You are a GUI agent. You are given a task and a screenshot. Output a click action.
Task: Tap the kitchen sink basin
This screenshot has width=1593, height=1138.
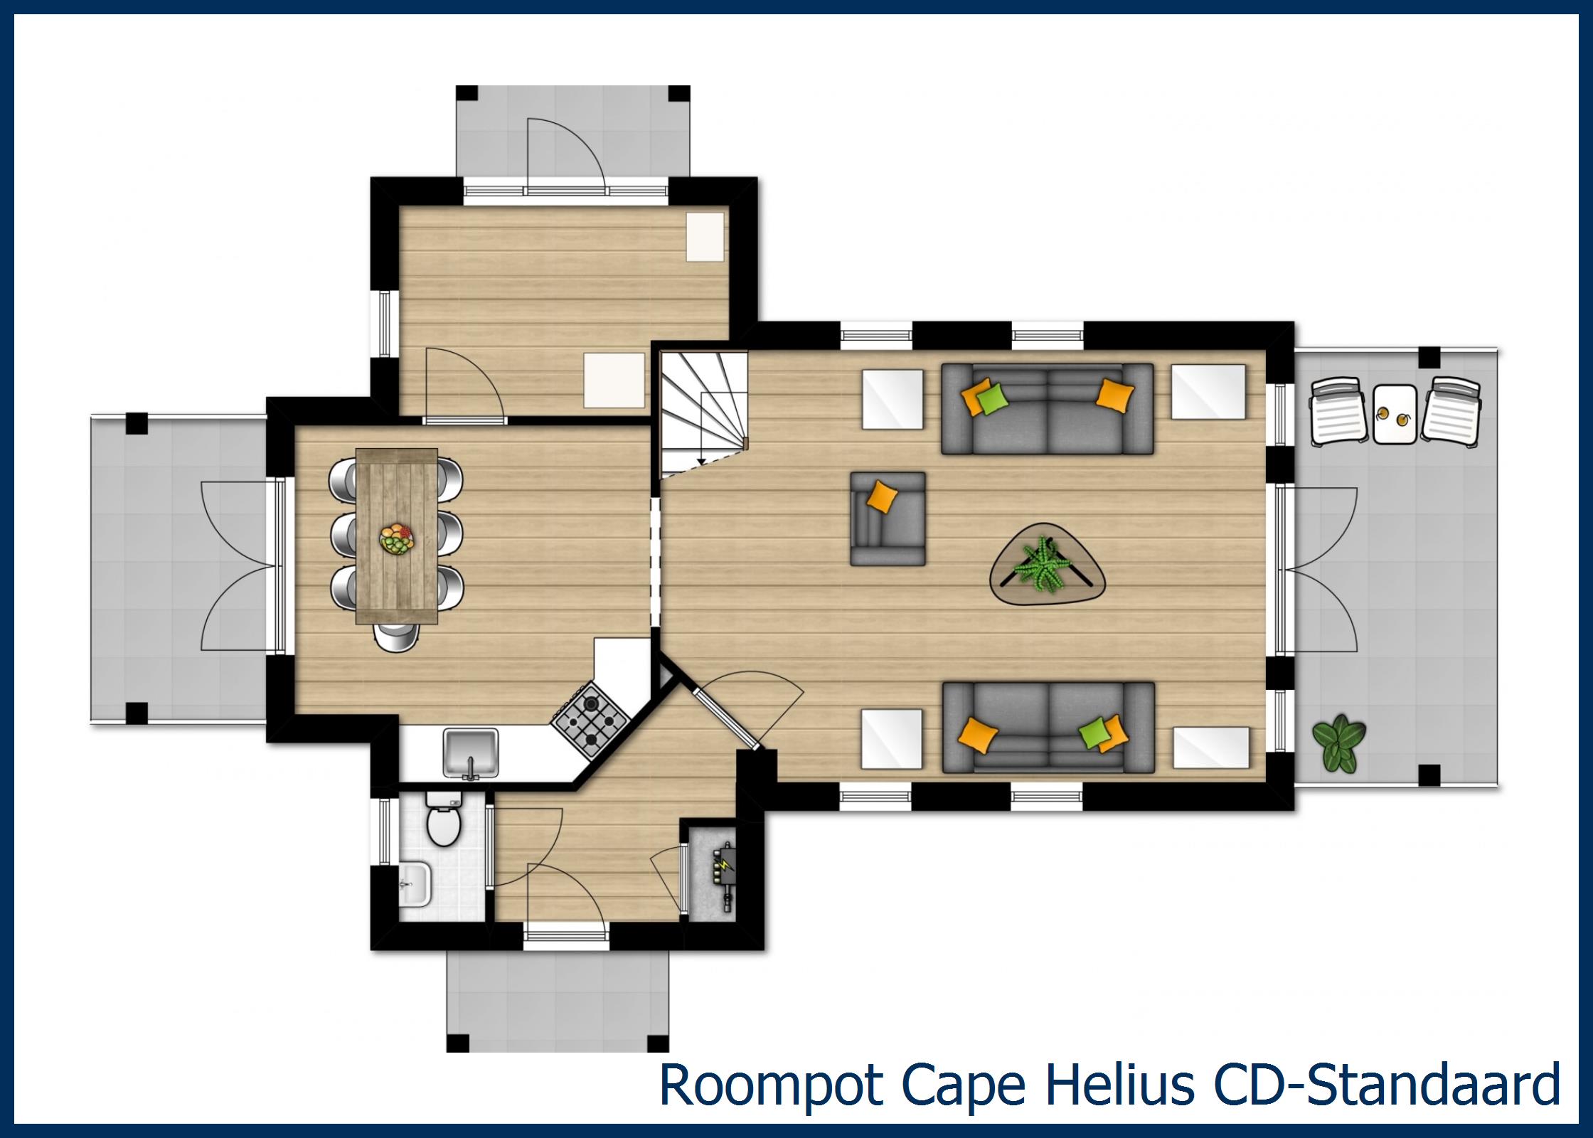click(x=470, y=751)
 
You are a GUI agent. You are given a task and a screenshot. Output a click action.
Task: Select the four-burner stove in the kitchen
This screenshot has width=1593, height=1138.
click(x=590, y=718)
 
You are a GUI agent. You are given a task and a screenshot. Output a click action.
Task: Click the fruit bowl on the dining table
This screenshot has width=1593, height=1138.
click(x=396, y=539)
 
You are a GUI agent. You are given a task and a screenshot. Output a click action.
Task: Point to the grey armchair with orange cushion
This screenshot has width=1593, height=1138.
click(x=888, y=519)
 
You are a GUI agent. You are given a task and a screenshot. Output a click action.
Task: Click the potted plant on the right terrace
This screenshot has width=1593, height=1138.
click(x=1338, y=742)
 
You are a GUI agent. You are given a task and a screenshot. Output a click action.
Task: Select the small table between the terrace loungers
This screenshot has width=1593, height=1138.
click(x=1395, y=415)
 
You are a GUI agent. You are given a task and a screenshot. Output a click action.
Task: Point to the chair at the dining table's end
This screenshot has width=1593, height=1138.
click(x=397, y=636)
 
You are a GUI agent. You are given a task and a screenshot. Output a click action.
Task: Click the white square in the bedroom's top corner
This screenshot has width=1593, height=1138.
click(x=704, y=236)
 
